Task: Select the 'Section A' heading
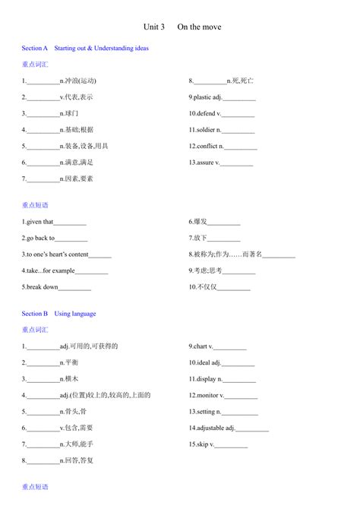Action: coord(35,48)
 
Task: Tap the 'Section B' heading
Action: coord(35,313)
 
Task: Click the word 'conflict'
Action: coord(208,146)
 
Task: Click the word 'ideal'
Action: coord(203,362)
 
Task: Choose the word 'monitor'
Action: coord(207,395)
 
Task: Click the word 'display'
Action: coord(207,378)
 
